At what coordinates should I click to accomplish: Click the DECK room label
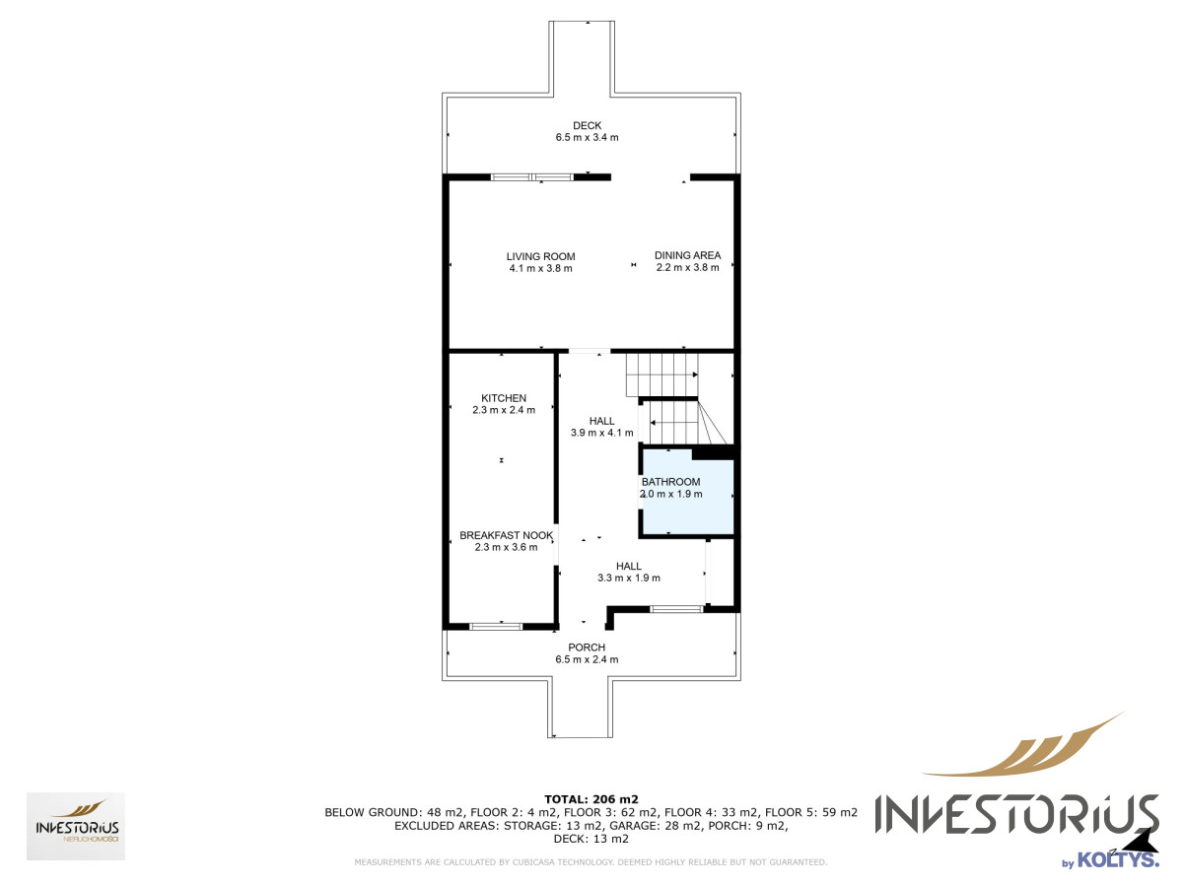point(587,125)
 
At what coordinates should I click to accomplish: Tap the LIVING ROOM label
point(540,257)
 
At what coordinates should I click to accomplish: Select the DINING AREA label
point(688,255)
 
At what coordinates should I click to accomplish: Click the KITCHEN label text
point(504,398)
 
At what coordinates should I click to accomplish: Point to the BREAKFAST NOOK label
point(506,535)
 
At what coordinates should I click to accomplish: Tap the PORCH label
point(587,648)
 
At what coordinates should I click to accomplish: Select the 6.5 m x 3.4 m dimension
point(587,137)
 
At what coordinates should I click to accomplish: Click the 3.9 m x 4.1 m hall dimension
point(602,433)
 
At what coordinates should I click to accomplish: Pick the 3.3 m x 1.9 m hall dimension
point(629,578)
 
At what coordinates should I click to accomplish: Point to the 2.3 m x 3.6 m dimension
point(506,547)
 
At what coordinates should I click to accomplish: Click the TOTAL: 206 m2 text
point(591,799)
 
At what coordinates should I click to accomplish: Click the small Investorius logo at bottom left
point(76,826)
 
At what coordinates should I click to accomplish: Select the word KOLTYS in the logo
point(1118,859)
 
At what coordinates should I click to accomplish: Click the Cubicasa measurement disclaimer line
point(591,862)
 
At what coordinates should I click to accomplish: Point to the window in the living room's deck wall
point(532,176)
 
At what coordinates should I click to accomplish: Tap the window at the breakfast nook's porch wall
point(496,627)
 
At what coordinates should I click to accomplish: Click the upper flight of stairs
point(661,375)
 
